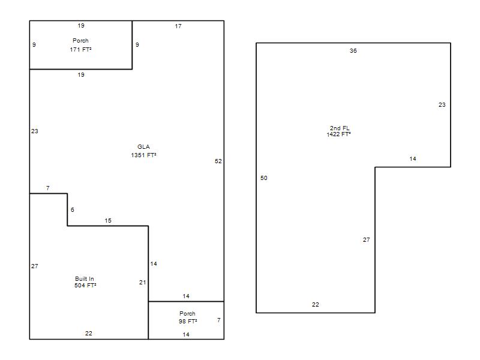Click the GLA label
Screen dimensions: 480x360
pyautogui.click(x=143, y=147)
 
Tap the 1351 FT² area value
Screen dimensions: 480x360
pyautogui.click(x=143, y=155)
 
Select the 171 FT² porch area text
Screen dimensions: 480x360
pyautogui.click(x=80, y=50)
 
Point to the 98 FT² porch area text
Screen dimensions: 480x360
pyautogui.click(x=188, y=322)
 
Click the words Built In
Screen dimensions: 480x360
pyautogui.click(x=85, y=279)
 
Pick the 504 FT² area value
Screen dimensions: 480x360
pyautogui.click(x=85, y=286)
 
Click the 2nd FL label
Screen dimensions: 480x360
pyautogui.click(x=340, y=128)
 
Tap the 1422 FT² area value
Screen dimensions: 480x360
pyautogui.click(x=338, y=134)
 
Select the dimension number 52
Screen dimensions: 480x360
pyautogui.click(x=218, y=161)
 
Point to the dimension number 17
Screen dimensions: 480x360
pyautogui.click(x=178, y=26)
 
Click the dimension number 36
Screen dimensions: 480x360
pyautogui.click(x=353, y=51)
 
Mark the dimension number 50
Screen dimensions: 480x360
pyautogui.click(x=264, y=178)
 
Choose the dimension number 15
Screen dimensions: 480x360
pyautogui.click(x=108, y=221)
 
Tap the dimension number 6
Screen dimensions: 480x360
pyautogui.click(x=73, y=210)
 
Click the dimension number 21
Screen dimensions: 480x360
pyautogui.click(x=143, y=283)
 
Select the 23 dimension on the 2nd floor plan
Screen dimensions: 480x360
pyautogui.click(x=442, y=105)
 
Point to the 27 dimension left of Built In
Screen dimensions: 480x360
pyautogui.click(x=35, y=266)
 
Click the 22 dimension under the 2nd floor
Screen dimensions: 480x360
pyautogui.click(x=316, y=305)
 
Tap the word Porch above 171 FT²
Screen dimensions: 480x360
pyautogui.click(x=80, y=41)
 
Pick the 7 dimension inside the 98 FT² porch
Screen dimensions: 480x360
pyautogui.click(x=219, y=320)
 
